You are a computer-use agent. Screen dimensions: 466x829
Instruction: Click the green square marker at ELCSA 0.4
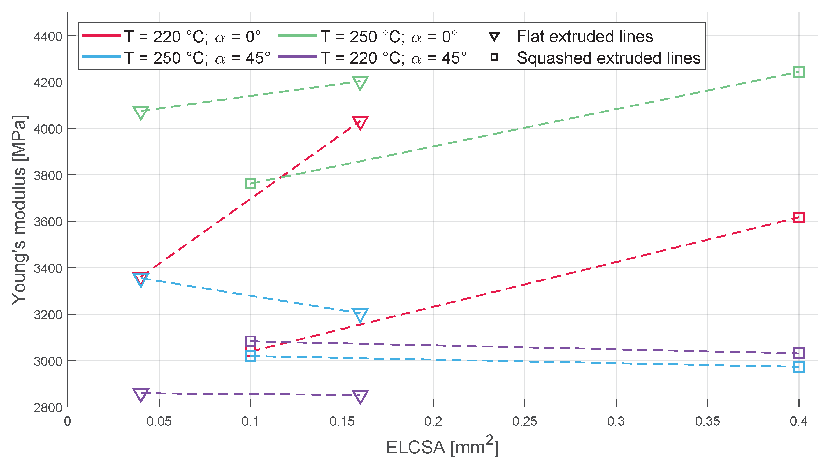click(799, 72)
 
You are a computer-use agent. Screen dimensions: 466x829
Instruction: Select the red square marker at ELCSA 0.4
click(799, 217)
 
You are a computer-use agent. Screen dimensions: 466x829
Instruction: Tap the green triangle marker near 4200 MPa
click(360, 82)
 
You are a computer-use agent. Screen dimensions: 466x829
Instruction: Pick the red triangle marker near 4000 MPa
click(360, 122)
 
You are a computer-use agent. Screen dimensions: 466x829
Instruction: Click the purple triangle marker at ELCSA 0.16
click(360, 396)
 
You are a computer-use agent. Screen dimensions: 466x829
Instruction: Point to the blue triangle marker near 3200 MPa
click(360, 314)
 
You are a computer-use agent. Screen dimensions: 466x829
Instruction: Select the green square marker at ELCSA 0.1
click(250, 184)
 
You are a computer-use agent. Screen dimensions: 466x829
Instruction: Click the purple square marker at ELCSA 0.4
click(799, 353)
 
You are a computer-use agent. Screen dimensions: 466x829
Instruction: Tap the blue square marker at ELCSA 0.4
click(799, 367)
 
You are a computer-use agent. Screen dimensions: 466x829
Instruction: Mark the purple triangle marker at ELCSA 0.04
click(141, 394)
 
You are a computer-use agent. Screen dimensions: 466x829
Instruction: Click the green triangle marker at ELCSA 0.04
click(141, 112)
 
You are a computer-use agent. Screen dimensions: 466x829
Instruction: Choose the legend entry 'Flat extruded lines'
click(585, 36)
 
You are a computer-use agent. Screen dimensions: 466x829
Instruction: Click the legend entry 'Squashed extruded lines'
click(608, 58)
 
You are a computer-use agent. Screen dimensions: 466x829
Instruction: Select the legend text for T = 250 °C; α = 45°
click(197, 58)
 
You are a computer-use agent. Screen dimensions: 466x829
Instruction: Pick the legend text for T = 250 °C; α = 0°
click(388, 36)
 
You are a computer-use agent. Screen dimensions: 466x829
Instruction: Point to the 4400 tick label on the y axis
click(48, 36)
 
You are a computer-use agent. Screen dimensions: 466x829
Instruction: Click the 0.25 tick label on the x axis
click(524, 421)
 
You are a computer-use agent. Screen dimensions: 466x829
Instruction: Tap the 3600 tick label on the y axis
click(48, 222)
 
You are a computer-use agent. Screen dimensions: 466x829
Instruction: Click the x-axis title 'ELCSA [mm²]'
click(442, 446)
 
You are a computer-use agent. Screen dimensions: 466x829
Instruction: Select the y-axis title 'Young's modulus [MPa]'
click(19, 210)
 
